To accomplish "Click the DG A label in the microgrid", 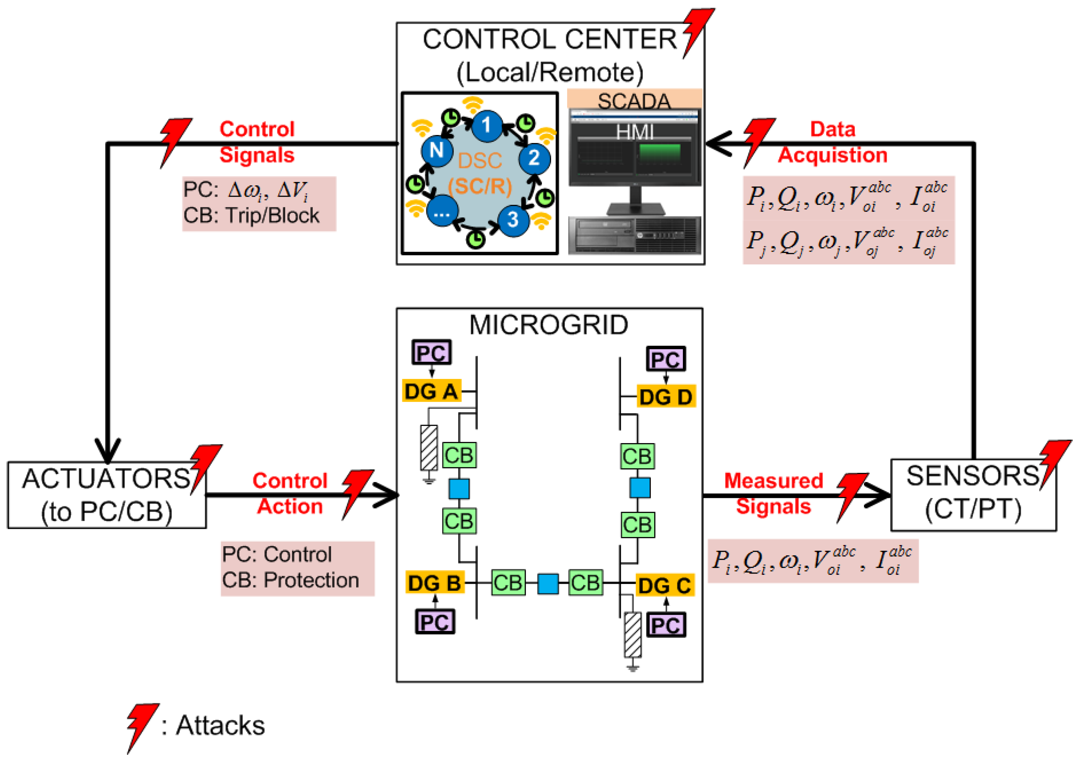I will pyautogui.click(x=431, y=391).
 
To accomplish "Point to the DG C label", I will pyautogui.click(x=664, y=586).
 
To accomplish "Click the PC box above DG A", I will pyautogui.click(x=431, y=353).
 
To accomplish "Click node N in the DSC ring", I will pyautogui.click(x=437, y=150).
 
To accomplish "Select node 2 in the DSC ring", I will pyautogui.click(x=534, y=158).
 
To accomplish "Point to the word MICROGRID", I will pyautogui.click(x=548, y=325).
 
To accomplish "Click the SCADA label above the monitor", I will pyautogui.click(x=634, y=101).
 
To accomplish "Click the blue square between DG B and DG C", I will pyautogui.click(x=547, y=584).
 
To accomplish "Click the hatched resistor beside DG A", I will pyautogui.click(x=429, y=448).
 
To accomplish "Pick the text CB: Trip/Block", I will pyautogui.click(x=251, y=216).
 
